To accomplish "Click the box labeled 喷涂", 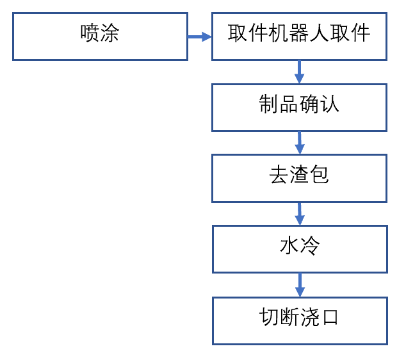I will pos(100,37).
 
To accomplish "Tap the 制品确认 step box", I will pos(299,107).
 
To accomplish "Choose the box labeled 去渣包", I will pos(299,178).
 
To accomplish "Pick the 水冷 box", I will pos(299,249).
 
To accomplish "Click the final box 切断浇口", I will pos(299,320).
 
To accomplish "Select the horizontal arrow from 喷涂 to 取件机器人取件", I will pos(199,37).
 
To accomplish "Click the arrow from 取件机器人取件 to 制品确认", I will pos(299,72).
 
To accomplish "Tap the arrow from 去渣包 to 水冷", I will pos(299,213).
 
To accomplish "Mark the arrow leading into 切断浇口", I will pos(299,284).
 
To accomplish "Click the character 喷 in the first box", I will pos(90,33).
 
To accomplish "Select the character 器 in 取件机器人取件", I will pos(299,33).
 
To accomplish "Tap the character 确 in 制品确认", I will pos(309,104).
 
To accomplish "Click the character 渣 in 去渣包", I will pos(299,175).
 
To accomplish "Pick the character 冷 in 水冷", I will pos(309,246).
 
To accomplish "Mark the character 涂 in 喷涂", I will pos(110,33).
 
